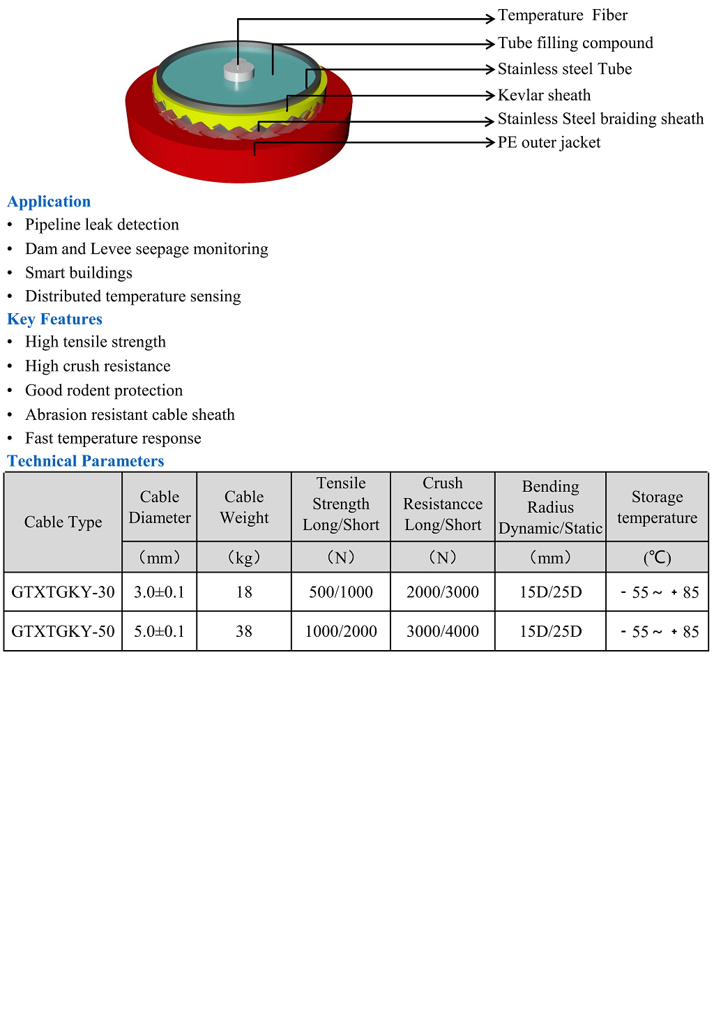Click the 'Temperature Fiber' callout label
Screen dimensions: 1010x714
[x=562, y=15]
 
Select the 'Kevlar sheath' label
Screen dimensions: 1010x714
[x=544, y=95]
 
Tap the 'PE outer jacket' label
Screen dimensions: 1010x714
[x=549, y=142]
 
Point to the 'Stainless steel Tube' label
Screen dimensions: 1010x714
[x=564, y=69]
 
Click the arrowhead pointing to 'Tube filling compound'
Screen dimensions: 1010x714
[x=490, y=44]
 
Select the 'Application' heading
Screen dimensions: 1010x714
[x=49, y=202]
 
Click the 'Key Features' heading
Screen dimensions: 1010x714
[x=54, y=319]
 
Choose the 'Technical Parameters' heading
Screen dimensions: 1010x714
[x=86, y=461]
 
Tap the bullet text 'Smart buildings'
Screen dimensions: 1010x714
[x=79, y=273]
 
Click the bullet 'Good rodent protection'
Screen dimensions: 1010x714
[x=104, y=391]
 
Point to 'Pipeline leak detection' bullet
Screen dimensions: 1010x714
[x=102, y=225]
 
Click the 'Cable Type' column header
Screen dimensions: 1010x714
[x=63, y=522]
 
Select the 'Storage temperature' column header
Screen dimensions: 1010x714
[x=657, y=507]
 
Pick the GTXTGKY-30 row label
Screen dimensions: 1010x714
[x=63, y=592]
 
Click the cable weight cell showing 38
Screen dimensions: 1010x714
[x=244, y=631]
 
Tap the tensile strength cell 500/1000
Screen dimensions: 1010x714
[x=341, y=592]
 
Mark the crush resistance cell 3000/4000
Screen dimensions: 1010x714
[x=443, y=631]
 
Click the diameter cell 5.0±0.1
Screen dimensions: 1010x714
[x=159, y=631]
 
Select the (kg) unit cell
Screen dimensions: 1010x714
[x=244, y=557]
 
